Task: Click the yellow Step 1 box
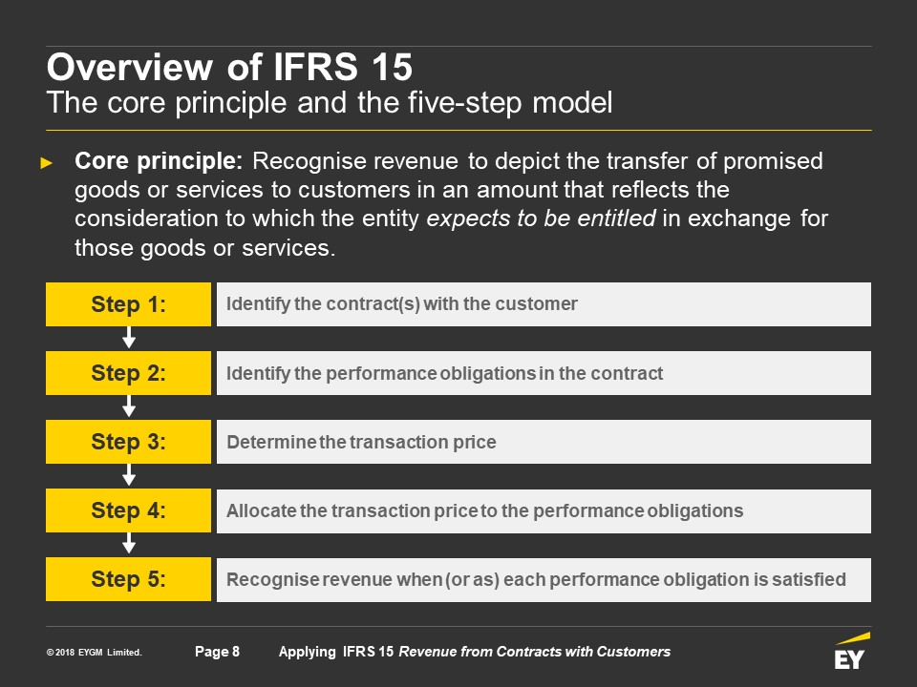click(128, 304)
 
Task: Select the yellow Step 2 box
click(128, 373)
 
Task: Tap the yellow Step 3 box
click(128, 442)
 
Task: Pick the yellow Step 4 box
click(128, 510)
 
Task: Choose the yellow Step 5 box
click(128, 579)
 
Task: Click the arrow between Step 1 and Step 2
click(129, 338)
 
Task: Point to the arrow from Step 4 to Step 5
click(129, 543)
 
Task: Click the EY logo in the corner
click(852, 651)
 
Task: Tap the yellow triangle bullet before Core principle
click(46, 163)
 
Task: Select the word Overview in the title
click(130, 67)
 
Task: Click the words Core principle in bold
click(159, 161)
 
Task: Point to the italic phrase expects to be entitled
click(541, 218)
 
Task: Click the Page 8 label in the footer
click(217, 652)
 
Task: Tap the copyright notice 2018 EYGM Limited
click(95, 652)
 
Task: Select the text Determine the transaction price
click(361, 442)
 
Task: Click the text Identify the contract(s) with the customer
click(402, 303)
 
